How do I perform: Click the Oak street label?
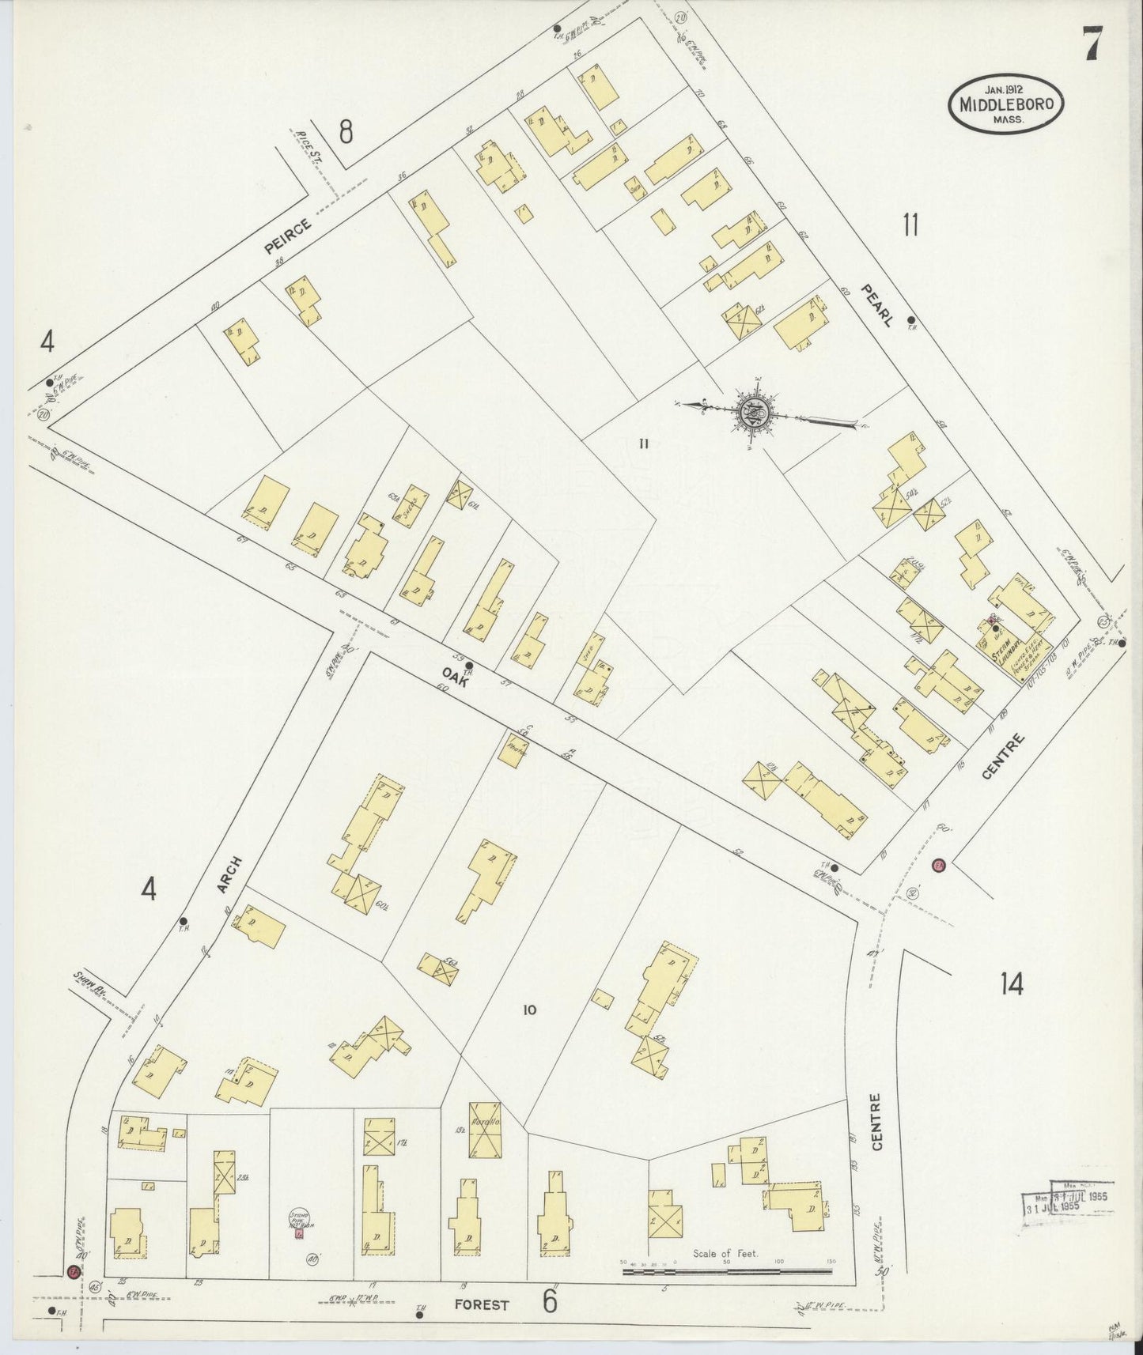tap(463, 687)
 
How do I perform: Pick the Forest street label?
tap(481, 1305)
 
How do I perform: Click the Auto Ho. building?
tap(484, 1130)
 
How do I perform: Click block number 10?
tap(529, 1009)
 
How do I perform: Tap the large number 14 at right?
tap(1011, 983)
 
